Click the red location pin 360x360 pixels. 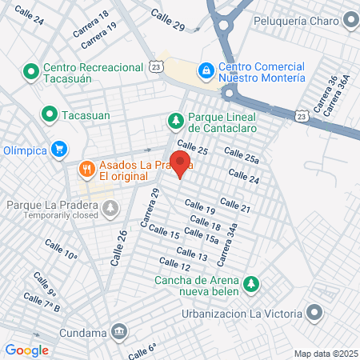pyautogui.click(x=181, y=163)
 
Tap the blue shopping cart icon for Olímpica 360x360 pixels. pyautogui.click(x=58, y=149)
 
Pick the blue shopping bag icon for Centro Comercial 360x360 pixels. pyautogui.click(x=206, y=71)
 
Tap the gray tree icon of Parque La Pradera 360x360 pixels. pyautogui.click(x=110, y=209)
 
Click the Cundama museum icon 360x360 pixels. pyautogui.click(x=119, y=330)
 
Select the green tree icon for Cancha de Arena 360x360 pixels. pyautogui.click(x=252, y=284)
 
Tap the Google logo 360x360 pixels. pyautogui.click(x=26, y=350)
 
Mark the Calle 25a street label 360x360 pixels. pyautogui.click(x=242, y=156)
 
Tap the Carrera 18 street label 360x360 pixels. pyautogui.click(x=91, y=26)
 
